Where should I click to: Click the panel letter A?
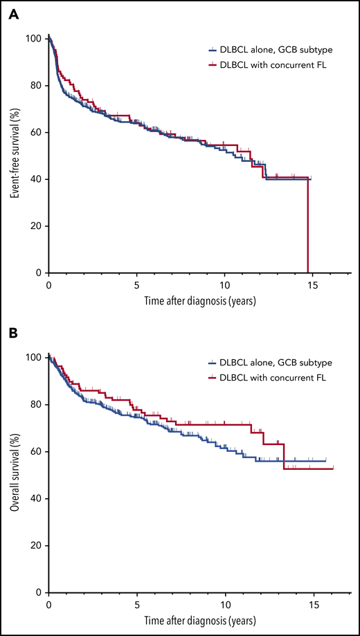tap(13, 15)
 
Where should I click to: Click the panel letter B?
tap(13, 333)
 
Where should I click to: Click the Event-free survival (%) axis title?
tap(14, 153)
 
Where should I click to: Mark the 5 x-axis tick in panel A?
tap(136, 284)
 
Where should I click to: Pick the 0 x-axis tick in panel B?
tap(48, 604)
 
